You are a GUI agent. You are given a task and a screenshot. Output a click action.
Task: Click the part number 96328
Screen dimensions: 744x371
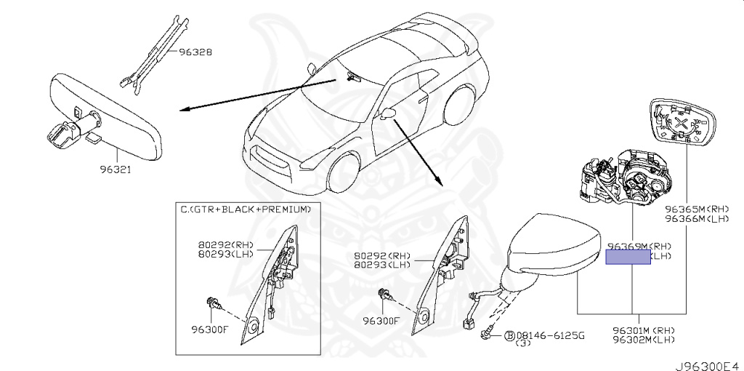point(196,53)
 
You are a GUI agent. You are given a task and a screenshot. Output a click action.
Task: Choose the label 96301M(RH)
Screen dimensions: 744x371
point(644,330)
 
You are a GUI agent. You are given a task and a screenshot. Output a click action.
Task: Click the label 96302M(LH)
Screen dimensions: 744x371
point(644,339)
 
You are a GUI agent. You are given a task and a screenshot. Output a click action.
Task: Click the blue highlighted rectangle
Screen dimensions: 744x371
point(628,255)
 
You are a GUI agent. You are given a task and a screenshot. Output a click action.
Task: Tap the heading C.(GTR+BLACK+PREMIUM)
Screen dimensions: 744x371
point(246,209)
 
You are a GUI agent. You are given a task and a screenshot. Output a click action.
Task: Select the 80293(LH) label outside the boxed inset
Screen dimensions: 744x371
point(382,266)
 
